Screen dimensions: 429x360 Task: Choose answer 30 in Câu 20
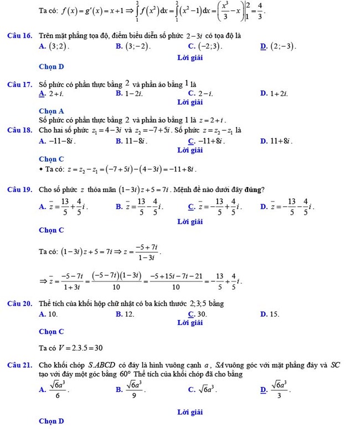201,314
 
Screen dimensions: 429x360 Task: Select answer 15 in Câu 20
273,314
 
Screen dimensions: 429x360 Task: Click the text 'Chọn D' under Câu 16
52,67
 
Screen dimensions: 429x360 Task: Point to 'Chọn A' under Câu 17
52,111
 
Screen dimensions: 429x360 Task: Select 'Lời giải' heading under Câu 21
190,412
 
